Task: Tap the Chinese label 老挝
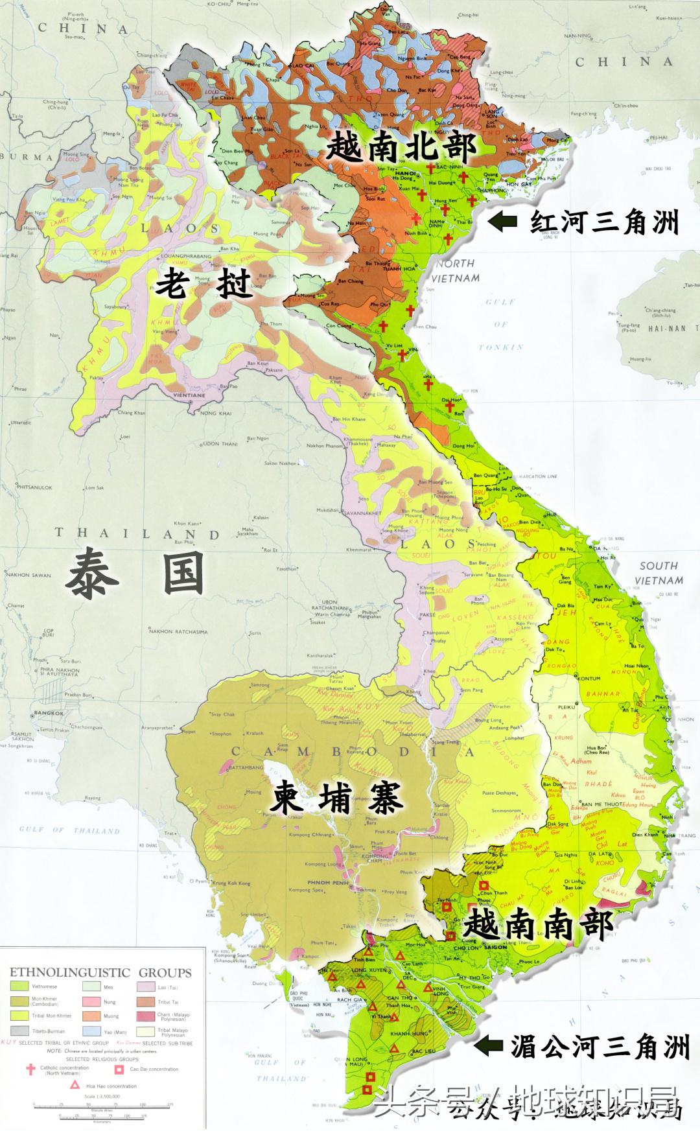pyautogui.click(x=203, y=283)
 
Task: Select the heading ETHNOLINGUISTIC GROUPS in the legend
pyautogui.click(x=100, y=973)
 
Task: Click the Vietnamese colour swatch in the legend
pyautogui.click(x=19, y=986)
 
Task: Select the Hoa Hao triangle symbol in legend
pyautogui.click(x=75, y=1086)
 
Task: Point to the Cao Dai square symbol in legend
pyautogui.click(x=119, y=1069)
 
